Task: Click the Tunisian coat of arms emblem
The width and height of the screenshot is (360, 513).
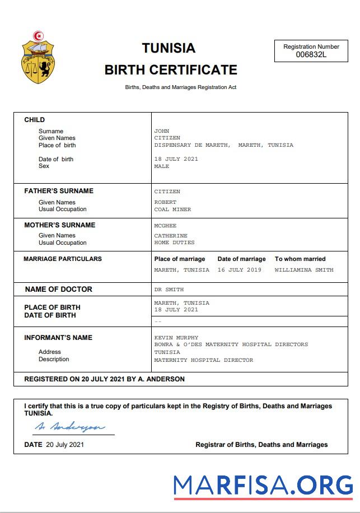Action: [38, 58]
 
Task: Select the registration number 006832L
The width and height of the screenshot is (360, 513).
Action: [311, 54]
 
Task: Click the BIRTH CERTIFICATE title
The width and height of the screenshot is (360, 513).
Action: [171, 70]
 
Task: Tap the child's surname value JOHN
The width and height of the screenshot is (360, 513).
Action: [162, 131]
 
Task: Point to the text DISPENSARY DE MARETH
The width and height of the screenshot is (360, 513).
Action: [191, 145]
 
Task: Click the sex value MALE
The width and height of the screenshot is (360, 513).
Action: [162, 166]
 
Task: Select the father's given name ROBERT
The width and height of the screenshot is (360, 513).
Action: [165, 202]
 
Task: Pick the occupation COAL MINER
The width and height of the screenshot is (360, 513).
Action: [172, 209]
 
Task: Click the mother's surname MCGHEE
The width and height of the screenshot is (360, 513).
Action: [165, 226]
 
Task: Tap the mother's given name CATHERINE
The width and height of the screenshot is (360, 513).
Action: [171, 236]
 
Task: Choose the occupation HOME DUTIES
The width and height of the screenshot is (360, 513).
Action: [174, 242]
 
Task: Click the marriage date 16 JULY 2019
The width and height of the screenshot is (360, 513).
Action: [240, 270]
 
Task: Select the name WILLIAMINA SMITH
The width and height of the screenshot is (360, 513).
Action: [304, 270]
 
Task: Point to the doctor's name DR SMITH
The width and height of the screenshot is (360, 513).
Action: [169, 290]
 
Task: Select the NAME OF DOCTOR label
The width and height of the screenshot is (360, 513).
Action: [59, 290]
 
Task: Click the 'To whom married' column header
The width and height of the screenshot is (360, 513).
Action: [300, 259]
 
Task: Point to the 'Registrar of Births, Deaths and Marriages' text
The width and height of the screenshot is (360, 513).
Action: [261, 445]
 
